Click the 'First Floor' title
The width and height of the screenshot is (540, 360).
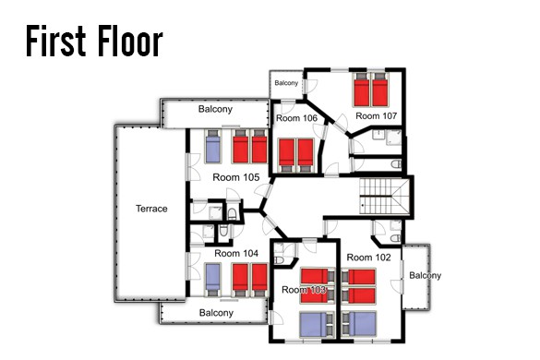point(94,41)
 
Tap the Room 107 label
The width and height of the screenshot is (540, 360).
point(376,116)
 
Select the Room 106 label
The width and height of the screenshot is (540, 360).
point(296,118)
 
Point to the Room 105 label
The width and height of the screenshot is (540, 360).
point(236,177)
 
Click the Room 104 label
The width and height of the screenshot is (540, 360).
point(236,254)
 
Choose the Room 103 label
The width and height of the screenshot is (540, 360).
point(304,290)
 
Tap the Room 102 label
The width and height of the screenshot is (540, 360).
point(368,258)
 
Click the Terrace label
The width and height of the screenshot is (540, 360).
point(151,209)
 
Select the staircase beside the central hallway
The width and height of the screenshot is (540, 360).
point(384,196)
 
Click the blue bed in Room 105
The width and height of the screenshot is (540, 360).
point(212,147)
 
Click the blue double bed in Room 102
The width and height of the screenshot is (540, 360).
point(359,324)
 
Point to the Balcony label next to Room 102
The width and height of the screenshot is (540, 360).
point(425,276)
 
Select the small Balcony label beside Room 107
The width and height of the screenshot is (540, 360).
point(286,83)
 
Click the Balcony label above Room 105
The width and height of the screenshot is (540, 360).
point(215,109)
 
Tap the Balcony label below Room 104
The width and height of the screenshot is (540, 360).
point(216,313)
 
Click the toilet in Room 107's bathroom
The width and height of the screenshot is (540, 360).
point(396,164)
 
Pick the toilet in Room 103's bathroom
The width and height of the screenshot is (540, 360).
point(279,259)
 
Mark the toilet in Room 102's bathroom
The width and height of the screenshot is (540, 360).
point(396,238)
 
